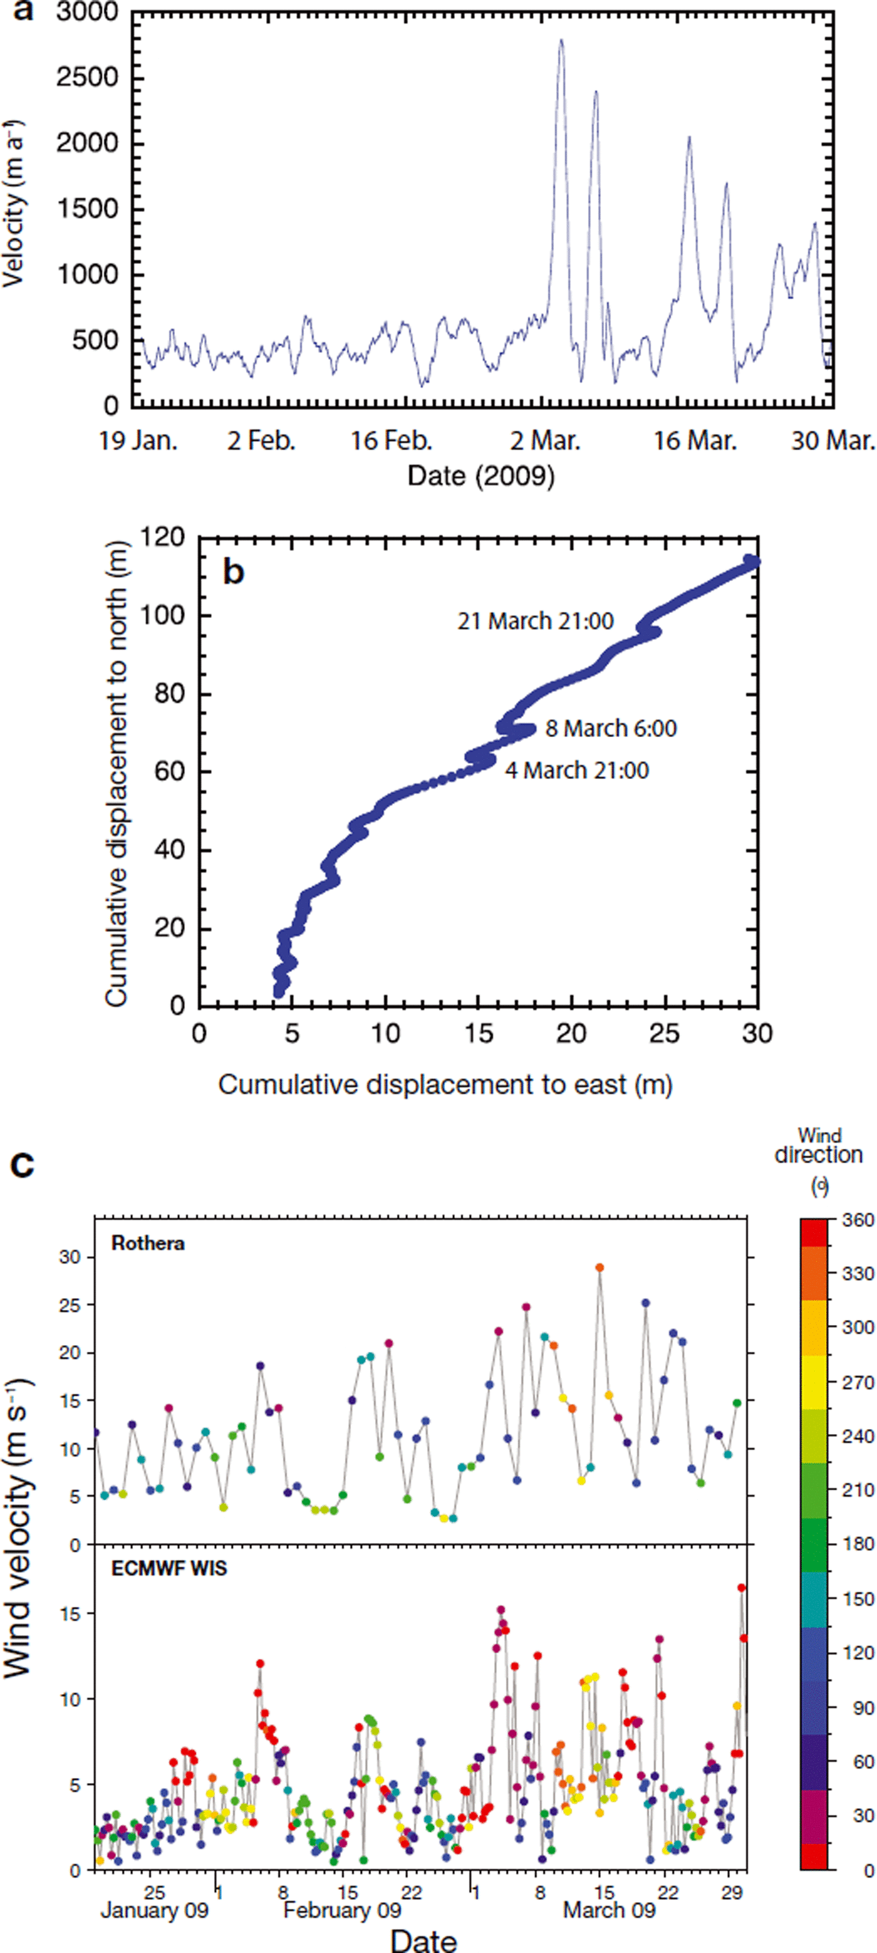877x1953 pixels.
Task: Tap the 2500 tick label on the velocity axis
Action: point(87,77)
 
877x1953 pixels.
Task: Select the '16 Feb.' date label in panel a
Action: point(390,441)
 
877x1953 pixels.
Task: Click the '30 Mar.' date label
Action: point(833,441)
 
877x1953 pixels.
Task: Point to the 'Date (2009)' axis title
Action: point(480,476)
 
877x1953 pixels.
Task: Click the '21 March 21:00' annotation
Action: point(535,621)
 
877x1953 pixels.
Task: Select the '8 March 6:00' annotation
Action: point(611,728)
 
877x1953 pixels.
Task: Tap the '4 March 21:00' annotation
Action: point(577,770)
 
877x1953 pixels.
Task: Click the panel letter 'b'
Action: point(234,572)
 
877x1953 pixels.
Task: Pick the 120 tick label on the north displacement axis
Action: point(162,538)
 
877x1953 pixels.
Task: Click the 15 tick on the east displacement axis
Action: point(479,1034)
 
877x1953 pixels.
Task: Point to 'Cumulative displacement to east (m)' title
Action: point(445,1085)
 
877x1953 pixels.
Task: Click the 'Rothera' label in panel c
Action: point(148,1244)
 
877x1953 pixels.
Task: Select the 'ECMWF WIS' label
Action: point(169,1568)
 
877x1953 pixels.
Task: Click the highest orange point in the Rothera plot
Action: point(599,1267)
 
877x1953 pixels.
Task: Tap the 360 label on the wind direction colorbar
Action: point(858,1220)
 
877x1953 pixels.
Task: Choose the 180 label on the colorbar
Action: point(858,1544)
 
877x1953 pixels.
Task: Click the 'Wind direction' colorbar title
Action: point(819,1146)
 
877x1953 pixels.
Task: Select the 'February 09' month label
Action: point(342,1910)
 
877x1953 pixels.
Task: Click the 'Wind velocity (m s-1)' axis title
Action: point(18,1539)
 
